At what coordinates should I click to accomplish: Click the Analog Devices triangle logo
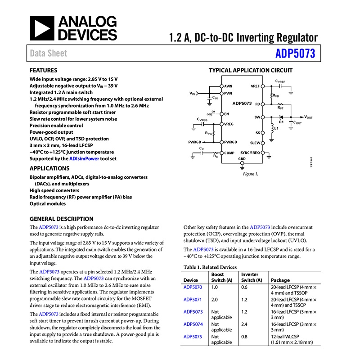click(x=41, y=28)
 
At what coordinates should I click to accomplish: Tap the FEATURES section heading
click(x=43, y=71)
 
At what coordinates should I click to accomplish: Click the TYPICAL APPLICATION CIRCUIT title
click(x=250, y=70)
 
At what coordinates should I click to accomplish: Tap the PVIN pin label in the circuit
click(x=229, y=93)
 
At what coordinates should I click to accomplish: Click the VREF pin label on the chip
click(x=255, y=86)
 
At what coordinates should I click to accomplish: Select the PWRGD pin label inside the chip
click(x=230, y=142)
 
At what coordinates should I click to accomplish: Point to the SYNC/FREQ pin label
click(x=250, y=153)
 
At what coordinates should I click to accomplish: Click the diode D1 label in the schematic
click(x=281, y=121)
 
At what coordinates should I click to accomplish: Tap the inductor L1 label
click(x=276, y=128)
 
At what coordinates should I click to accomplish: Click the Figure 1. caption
click(x=250, y=174)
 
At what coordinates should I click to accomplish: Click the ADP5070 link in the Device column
click(x=193, y=287)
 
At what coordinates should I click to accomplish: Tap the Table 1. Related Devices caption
click(x=210, y=267)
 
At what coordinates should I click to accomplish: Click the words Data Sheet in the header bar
click(x=48, y=54)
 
